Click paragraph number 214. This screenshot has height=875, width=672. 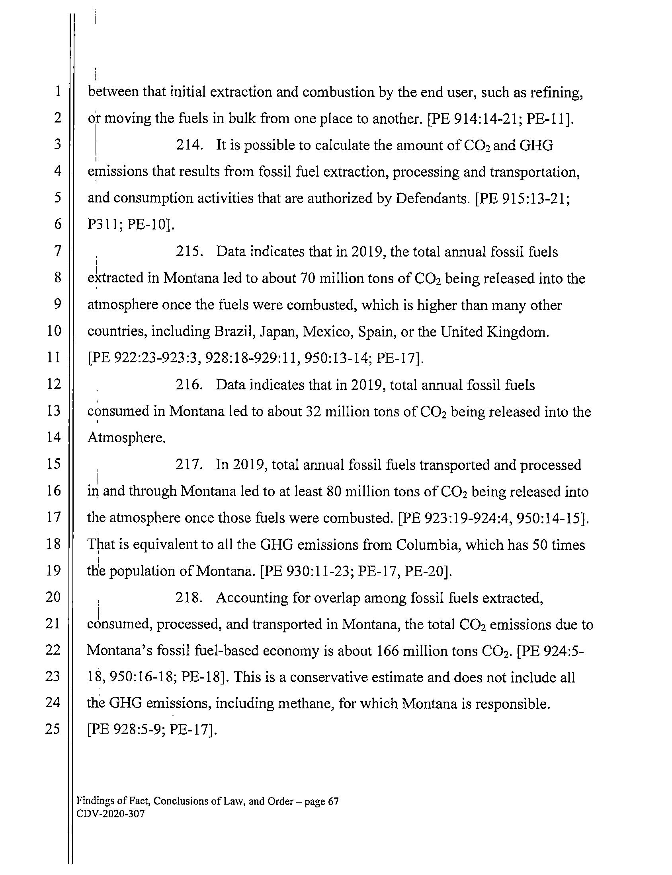click(x=188, y=145)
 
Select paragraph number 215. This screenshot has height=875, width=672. click(x=188, y=252)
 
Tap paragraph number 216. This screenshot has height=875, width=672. click(x=188, y=385)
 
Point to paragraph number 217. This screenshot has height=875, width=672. click(x=188, y=465)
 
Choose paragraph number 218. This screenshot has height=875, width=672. click(x=188, y=598)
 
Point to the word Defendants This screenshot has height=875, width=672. click(x=433, y=198)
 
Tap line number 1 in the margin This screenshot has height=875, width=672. click(x=58, y=92)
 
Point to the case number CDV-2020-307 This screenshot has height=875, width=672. click(x=110, y=814)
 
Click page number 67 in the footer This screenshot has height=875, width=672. click(x=333, y=801)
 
